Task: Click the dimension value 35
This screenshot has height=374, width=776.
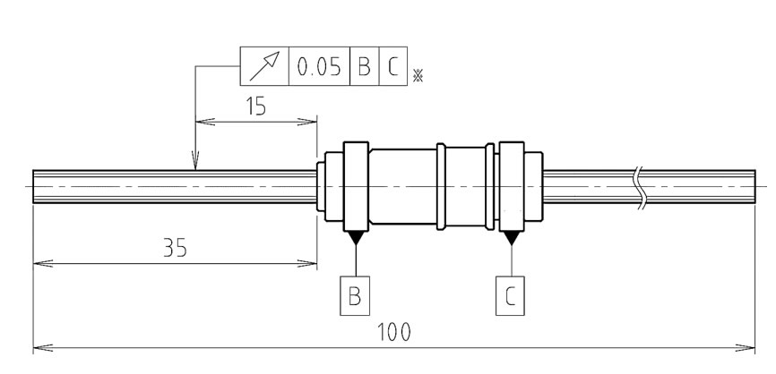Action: coord(175,248)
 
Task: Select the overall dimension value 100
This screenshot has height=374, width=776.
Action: coord(393,332)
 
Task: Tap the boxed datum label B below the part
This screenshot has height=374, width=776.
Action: coord(355,295)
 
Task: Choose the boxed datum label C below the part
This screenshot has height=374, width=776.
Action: coord(511,295)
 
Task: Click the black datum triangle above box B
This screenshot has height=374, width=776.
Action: coord(356,237)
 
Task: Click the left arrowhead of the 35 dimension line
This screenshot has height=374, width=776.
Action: coord(40,263)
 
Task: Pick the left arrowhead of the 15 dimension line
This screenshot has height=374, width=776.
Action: coord(203,120)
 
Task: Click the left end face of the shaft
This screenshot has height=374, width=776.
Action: coord(33,187)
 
